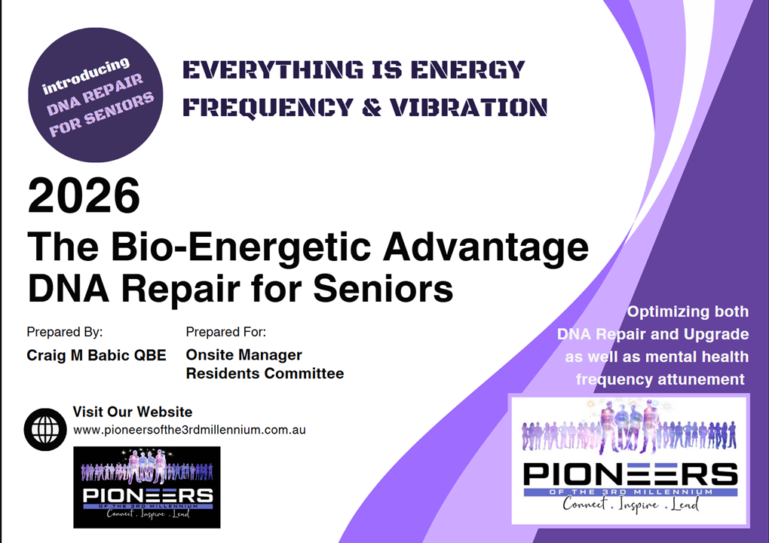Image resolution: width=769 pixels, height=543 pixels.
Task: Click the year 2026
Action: [84, 196]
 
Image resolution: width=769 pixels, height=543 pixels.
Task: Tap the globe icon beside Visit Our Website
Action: [45, 430]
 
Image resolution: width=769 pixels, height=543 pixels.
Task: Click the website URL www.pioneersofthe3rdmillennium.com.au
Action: [189, 430]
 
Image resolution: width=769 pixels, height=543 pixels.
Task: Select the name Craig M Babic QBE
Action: [97, 355]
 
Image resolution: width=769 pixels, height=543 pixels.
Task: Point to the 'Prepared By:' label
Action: [65, 332]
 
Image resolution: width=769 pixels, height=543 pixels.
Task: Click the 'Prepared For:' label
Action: [225, 332]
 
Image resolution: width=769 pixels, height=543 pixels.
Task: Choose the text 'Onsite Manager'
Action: [244, 354]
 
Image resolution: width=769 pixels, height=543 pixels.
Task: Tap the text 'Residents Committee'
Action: [265, 373]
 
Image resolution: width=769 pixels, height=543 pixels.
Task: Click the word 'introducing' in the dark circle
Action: [86, 75]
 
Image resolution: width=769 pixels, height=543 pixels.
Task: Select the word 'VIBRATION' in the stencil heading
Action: [468, 107]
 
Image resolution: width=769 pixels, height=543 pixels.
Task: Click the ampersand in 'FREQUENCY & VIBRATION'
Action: [372, 107]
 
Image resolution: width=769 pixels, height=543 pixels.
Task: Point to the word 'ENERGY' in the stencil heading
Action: [468, 69]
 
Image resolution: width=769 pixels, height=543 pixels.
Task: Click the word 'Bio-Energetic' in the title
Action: [241, 247]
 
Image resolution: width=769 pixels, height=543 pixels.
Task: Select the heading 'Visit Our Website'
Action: [133, 412]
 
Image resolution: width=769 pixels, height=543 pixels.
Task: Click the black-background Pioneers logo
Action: [147, 487]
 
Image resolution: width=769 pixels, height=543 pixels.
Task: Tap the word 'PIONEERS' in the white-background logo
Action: [630, 474]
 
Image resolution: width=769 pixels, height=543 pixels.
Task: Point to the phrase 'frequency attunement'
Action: [660, 379]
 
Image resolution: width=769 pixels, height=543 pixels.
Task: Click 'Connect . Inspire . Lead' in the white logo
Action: [631, 504]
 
